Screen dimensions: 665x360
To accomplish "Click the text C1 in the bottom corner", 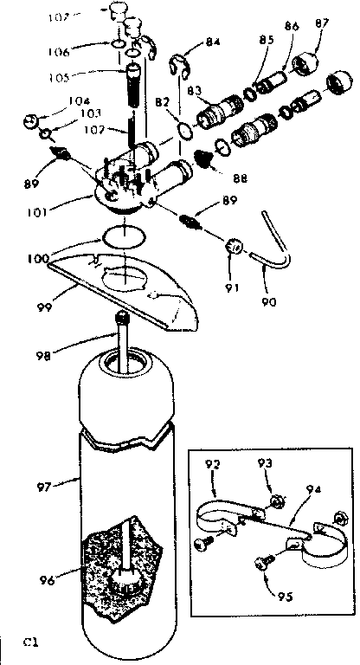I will [x=32, y=642].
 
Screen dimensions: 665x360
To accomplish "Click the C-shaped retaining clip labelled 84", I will [x=180, y=66].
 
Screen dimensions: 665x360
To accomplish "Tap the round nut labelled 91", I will [x=234, y=248].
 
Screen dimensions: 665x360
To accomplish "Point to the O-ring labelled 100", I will [x=122, y=235].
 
